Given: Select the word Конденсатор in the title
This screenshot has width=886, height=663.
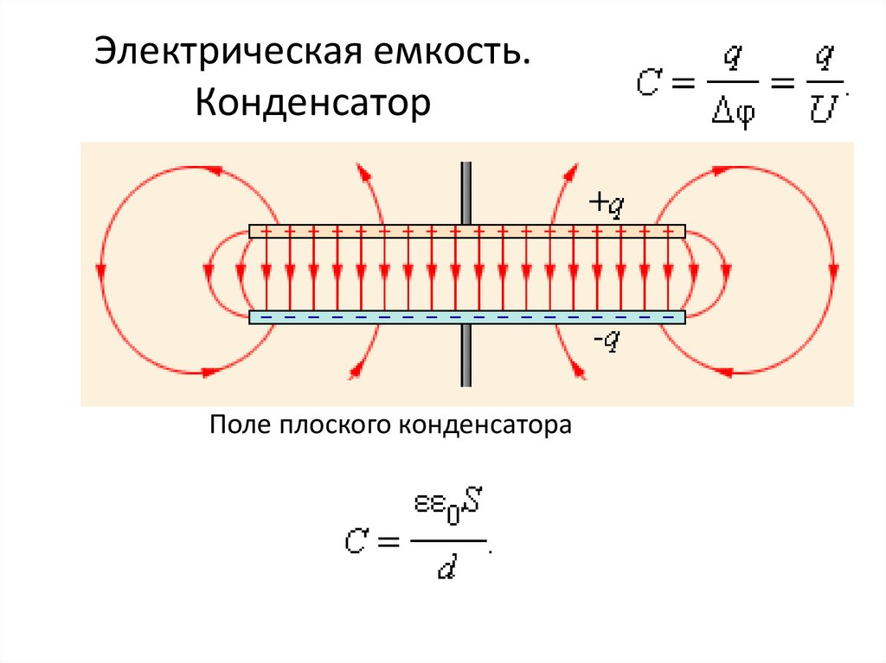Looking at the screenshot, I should tap(312, 105).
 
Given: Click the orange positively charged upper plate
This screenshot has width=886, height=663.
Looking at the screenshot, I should tap(467, 232).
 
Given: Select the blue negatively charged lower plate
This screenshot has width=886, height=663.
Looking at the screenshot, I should tap(467, 317).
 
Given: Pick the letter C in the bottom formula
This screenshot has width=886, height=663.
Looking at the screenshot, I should tap(357, 542).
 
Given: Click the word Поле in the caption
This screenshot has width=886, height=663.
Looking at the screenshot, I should tap(240, 425).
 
